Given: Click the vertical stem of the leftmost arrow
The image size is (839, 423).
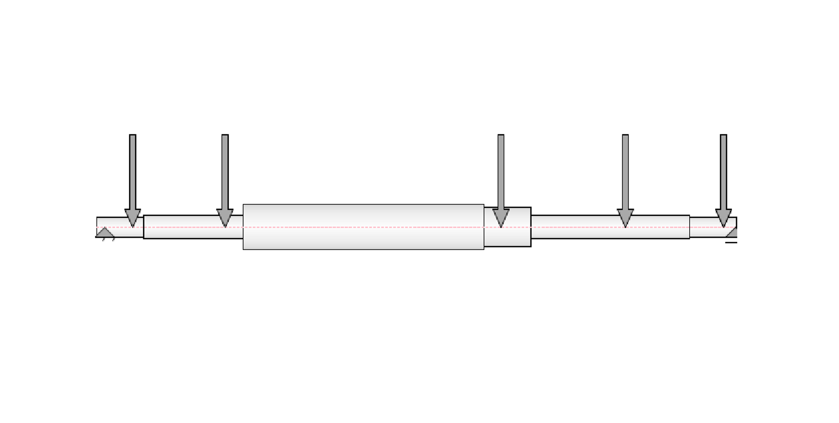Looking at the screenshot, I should (133, 172).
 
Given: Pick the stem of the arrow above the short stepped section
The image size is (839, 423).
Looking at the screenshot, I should (501, 172).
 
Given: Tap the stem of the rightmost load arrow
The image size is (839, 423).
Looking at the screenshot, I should (723, 172).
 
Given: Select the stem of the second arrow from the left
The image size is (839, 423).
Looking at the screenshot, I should (225, 172).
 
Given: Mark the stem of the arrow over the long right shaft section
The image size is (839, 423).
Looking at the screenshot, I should (625, 172).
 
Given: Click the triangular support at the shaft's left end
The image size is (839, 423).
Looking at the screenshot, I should (105, 233).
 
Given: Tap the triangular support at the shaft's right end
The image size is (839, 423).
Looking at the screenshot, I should (732, 233).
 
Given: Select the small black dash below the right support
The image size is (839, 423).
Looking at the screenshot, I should (731, 242).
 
